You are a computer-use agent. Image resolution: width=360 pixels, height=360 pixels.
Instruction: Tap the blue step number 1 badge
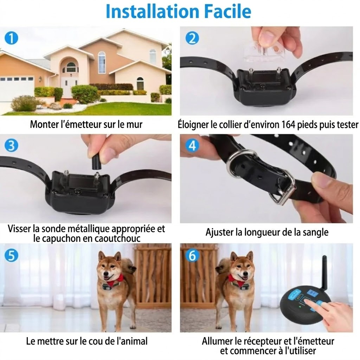(x=11, y=38)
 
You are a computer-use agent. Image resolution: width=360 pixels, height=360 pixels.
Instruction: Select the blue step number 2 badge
(x=192, y=38)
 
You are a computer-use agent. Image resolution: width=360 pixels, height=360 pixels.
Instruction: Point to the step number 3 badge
(x=11, y=145)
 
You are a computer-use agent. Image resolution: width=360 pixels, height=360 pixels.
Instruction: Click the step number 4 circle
(x=192, y=145)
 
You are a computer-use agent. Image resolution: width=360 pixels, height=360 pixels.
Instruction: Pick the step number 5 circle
(x=11, y=255)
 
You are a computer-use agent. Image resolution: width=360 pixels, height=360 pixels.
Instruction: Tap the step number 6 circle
(x=192, y=255)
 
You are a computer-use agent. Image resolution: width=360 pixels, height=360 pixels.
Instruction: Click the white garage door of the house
(x=16, y=89)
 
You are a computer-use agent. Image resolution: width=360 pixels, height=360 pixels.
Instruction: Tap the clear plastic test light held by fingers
(x=264, y=52)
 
